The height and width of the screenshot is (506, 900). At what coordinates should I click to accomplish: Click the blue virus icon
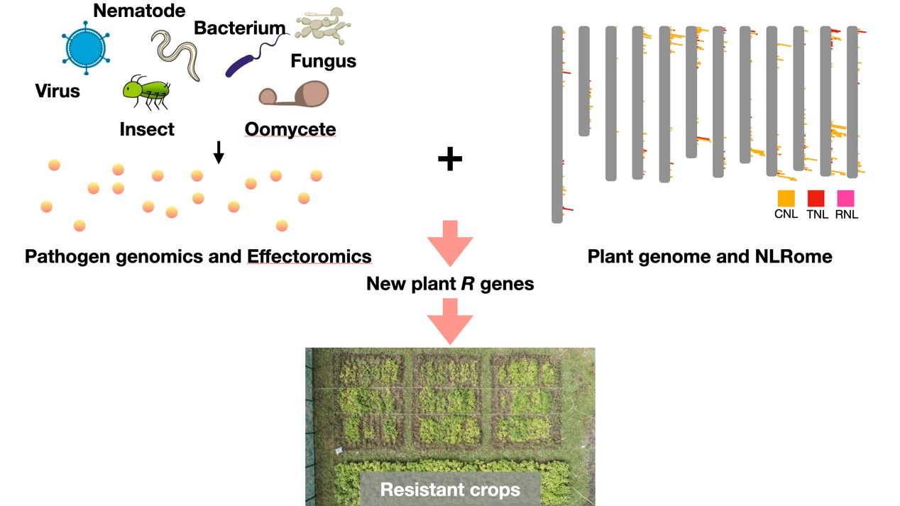click(x=85, y=48)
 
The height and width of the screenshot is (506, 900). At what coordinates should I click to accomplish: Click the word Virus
click(x=57, y=91)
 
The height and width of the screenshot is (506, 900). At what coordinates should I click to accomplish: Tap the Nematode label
click(x=139, y=10)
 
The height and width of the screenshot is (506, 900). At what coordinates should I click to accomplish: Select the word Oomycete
click(x=290, y=129)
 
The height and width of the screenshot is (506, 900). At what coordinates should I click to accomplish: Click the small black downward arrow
click(x=219, y=152)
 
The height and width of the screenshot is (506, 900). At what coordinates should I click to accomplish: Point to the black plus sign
click(x=450, y=160)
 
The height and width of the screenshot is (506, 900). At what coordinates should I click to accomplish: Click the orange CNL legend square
click(x=786, y=198)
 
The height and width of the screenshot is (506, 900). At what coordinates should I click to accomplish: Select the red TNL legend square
click(x=816, y=198)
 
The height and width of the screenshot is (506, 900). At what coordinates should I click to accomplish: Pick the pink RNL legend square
click(x=845, y=198)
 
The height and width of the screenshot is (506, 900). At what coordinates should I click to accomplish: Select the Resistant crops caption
click(x=450, y=489)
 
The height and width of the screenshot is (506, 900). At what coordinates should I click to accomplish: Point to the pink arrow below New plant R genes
click(x=450, y=321)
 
